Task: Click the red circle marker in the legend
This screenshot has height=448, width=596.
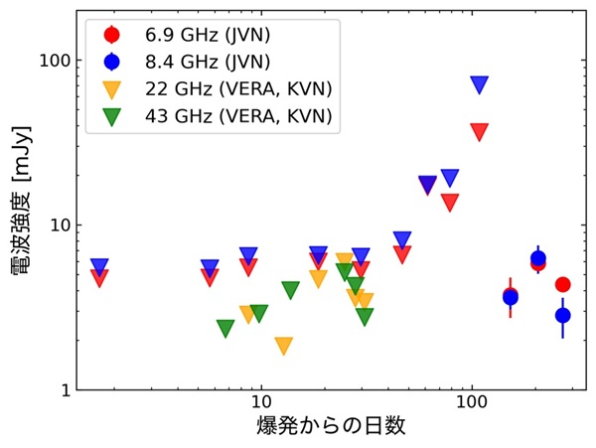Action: tap(111, 35)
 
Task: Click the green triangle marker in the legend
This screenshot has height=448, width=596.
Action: tap(111, 117)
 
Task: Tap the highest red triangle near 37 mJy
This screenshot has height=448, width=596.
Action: tap(480, 132)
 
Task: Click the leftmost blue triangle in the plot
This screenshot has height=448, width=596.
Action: tap(99, 267)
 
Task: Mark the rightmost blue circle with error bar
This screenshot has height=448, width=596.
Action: tap(563, 315)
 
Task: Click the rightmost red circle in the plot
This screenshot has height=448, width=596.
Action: tap(562, 285)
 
